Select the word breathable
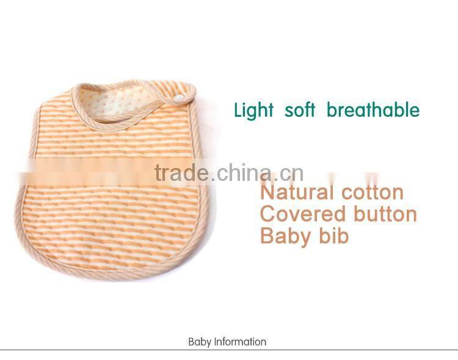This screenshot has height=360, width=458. (373, 110)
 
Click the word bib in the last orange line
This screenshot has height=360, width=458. (332, 235)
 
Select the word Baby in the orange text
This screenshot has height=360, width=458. (282, 236)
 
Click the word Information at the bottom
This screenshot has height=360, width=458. (240, 342)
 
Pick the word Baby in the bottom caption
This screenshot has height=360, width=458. (200, 342)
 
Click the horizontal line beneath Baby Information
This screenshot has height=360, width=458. (229, 350)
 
